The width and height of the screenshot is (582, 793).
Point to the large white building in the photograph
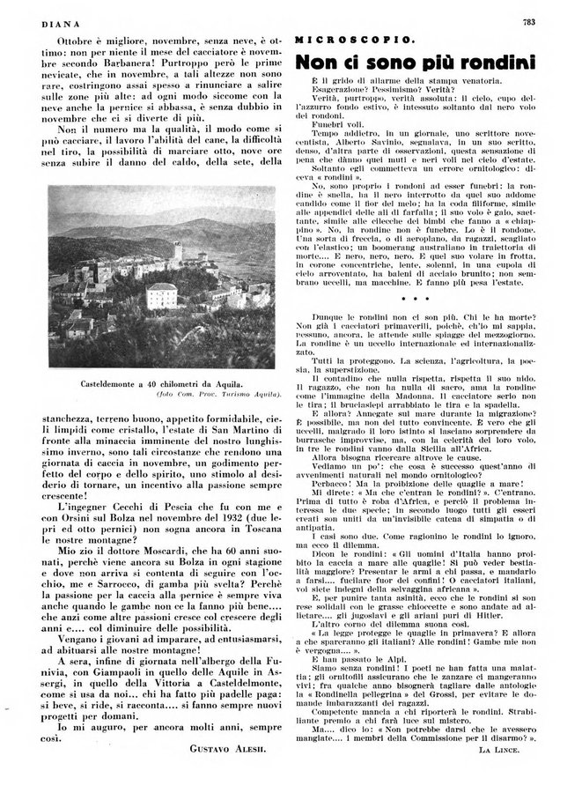(162, 296)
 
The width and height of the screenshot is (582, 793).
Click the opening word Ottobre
(74, 41)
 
